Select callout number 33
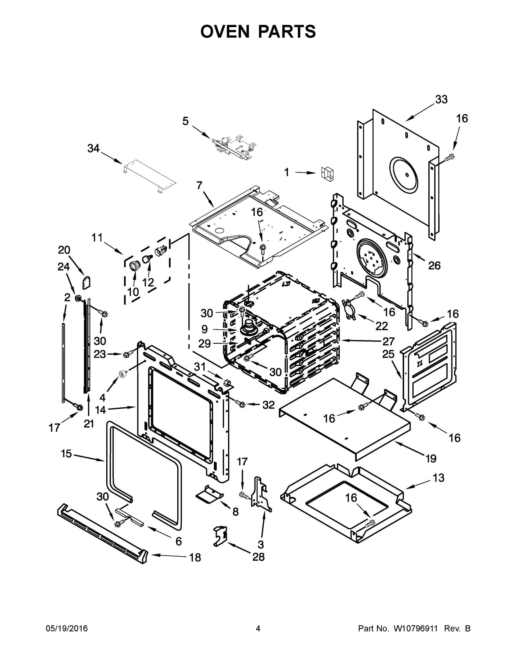tap(441, 99)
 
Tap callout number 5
tap(186, 121)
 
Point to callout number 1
tap(287, 173)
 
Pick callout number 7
tap(199, 185)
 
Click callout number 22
tap(381, 326)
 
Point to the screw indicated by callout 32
tap(240, 404)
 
